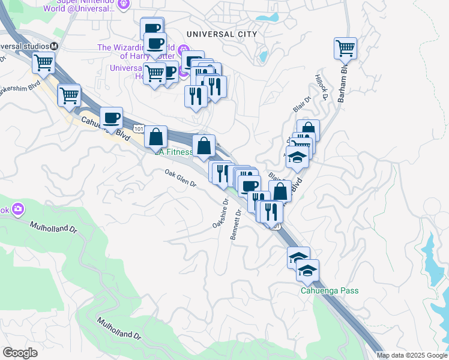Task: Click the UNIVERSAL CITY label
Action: (x=221, y=34)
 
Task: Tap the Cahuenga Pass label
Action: (x=330, y=291)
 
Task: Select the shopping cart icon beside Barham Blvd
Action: (x=345, y=48)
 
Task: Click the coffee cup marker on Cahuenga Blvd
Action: (x=110, y=118)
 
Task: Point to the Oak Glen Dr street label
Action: (x=181, y=178)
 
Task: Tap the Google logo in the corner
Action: (x=20, y=352)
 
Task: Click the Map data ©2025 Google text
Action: (x=411, y=355)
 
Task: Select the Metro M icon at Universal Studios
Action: (x=54, y=46)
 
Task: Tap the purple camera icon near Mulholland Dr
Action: (x=17, y=209)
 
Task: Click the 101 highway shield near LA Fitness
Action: (x=139, y=129)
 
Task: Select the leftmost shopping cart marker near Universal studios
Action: (x=43, y=62)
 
